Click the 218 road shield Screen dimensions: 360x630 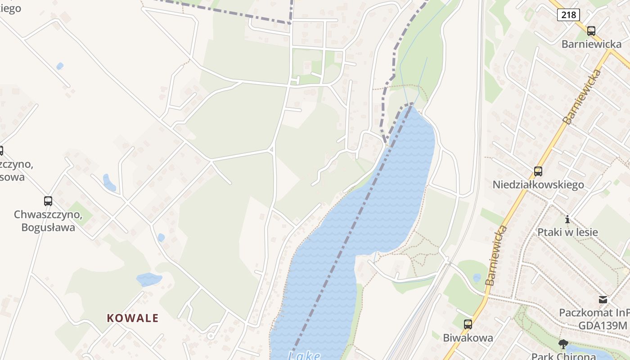568,15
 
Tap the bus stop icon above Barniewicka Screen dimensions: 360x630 591,31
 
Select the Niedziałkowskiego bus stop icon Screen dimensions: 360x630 538,171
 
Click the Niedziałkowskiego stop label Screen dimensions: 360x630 538,184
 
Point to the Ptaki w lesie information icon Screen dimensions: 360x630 567,220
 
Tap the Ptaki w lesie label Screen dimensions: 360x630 567,232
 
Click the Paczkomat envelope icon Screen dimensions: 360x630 603,300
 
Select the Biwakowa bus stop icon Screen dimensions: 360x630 468,324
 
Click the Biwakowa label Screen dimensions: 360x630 468,337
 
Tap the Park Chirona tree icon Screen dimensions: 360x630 563,345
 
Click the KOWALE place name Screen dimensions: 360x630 133,318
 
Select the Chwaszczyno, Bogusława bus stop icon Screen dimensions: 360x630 48,201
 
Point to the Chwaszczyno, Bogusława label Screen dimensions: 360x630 48,221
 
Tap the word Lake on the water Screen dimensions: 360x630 304,356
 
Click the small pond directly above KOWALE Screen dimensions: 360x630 148,279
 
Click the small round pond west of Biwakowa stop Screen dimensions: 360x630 477,278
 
